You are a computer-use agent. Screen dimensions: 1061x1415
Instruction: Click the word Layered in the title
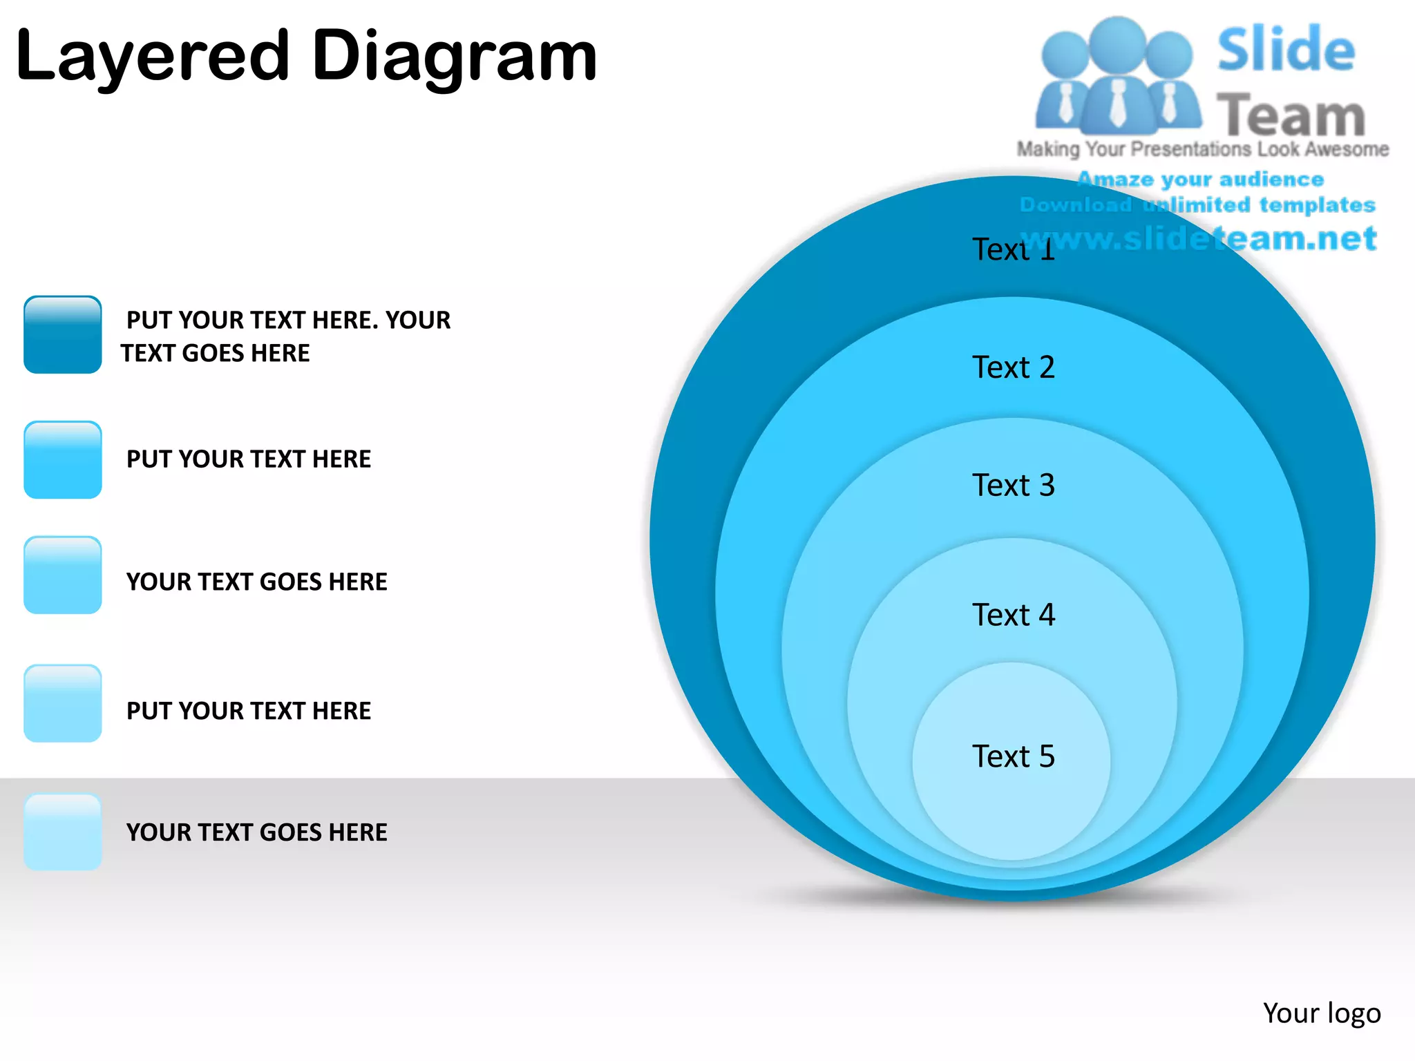point(152,57)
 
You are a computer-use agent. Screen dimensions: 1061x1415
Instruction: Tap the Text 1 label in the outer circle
point(1013,249)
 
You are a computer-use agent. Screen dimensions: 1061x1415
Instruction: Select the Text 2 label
point(1013,367)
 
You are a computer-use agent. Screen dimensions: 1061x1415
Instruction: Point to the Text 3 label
point(1013,485)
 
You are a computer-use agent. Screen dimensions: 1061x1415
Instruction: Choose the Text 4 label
point(1013,614)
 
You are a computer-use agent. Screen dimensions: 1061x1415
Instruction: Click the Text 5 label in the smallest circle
point(1013,756)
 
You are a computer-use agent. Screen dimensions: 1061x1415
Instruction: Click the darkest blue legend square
point(63,335)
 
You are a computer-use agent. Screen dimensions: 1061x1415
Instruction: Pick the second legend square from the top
point(63,459)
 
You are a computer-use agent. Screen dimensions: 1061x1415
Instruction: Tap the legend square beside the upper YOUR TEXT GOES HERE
point(63,575)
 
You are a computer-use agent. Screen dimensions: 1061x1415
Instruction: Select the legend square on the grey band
point(63,831)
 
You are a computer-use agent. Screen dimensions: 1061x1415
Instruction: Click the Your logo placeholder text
point(1321,1013)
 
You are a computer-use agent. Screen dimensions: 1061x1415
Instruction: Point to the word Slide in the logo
point(1286,50)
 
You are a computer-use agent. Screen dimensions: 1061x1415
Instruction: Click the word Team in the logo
point(1291,115)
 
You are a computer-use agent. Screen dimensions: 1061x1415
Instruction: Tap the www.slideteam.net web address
point(1199,238)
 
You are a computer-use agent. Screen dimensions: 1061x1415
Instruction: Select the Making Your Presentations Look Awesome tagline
point(1202,149)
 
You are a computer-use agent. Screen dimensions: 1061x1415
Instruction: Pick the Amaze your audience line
point(1201,180)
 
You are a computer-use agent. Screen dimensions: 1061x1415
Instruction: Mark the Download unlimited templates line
point(1197,205)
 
